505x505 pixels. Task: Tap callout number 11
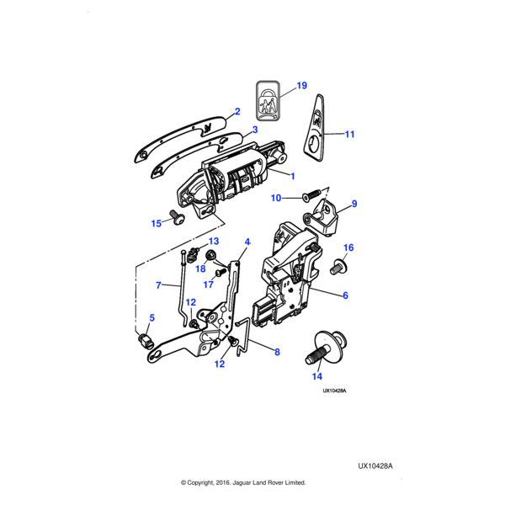point(350,134)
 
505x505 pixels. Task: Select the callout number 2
point(237,112)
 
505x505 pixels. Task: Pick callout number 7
point(158,285)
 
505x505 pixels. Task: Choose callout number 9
point(354,204)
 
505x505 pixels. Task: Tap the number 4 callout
point(247,242)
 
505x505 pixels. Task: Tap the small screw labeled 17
point(220,272)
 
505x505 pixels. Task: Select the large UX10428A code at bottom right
point(375,465)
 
